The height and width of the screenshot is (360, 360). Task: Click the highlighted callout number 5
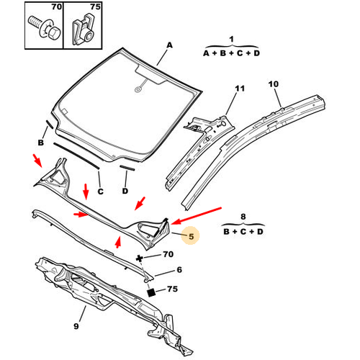[x=192, y=236]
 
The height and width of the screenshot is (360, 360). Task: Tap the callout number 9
[x=76, y=326]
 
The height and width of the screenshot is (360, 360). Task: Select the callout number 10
[x=274, y=84]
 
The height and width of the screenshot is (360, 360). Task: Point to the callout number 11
[x=240, y=89]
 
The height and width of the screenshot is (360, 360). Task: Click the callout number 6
[x=179, y=270]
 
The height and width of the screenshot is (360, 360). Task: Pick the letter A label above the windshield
[x=169, y=45]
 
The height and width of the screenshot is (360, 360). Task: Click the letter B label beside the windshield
[x=41, y=143]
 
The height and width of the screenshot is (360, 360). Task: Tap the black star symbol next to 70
[x=139, y=258]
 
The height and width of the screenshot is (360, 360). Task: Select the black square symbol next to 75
[x=151, y=292]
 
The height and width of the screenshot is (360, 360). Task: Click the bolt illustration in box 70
[x=45, y=29]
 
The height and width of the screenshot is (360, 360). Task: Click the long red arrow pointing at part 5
[x=197, y=216]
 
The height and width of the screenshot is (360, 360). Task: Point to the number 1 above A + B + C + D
[x=231, y=39]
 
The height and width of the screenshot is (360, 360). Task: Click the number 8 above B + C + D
[x=243, y=217]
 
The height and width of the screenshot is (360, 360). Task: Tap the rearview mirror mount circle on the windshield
[x=138, y=90]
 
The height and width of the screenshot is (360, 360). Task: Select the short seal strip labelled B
[x=50, y=125]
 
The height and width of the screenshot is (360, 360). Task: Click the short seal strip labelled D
[x=127, y=168]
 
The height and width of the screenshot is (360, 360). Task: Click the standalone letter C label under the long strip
[x=100, y=192]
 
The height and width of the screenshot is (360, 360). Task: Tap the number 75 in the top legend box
[x=96, y=6]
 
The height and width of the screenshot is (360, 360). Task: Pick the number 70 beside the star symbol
[x=168, y=254]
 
